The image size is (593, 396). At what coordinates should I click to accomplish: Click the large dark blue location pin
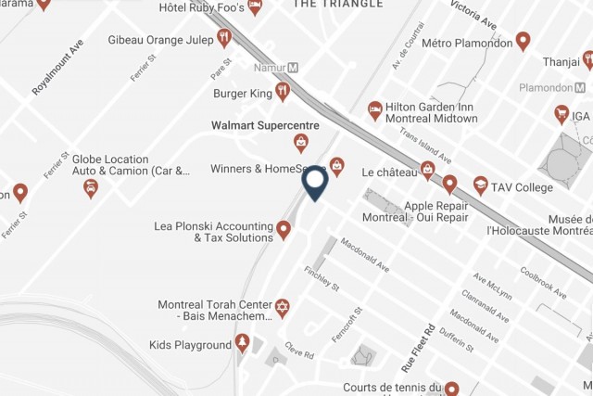click(315, 181)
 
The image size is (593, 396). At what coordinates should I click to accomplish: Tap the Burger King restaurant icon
click(283, 91)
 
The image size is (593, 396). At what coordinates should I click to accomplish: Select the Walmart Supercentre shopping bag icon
click(301, 142)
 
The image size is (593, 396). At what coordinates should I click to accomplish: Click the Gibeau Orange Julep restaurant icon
click(223, 38)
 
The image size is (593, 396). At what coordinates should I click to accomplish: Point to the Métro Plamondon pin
click(523, 41)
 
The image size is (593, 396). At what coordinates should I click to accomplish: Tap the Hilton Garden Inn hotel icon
click(375, 110)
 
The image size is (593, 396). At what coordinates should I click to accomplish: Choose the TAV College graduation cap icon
click(480, 185)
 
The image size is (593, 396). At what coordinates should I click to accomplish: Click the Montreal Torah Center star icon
click(283, 306)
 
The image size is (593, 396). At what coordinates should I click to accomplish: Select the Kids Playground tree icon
click(243, 344)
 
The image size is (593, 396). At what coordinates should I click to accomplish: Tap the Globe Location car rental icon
click(91, 188)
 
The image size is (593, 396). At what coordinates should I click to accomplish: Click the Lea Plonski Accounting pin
click(284, 228)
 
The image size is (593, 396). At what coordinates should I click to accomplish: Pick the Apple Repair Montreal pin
click(449, 184)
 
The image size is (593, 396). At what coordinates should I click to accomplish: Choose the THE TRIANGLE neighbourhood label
click(337, 5)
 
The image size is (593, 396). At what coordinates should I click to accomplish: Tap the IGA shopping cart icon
click(561, 113)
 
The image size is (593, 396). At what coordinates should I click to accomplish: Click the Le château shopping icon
click(427, 169)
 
